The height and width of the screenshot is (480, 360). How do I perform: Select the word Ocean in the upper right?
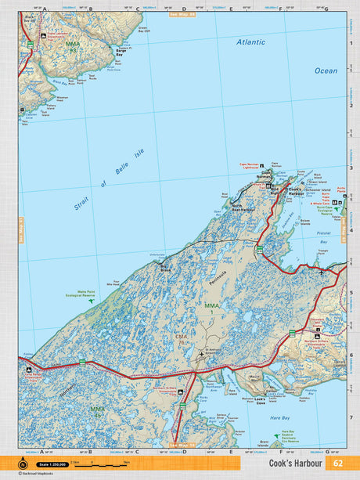pos(326,70)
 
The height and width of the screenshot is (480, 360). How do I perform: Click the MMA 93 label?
pos(73,46)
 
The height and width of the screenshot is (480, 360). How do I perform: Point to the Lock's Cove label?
pos(261,399)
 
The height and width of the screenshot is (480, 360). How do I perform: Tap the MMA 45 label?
pos(98,409)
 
